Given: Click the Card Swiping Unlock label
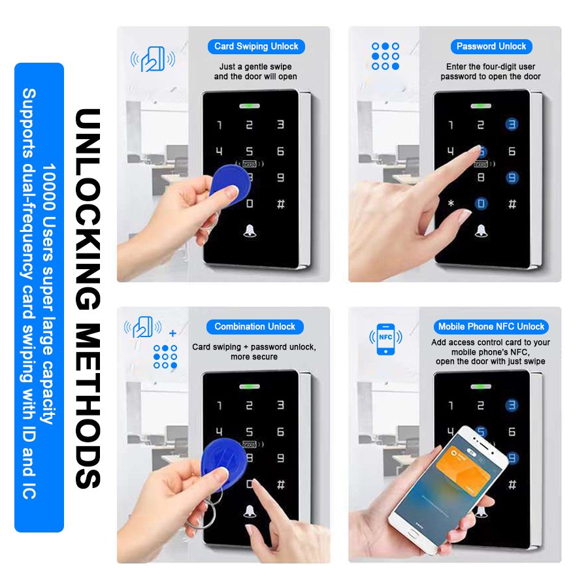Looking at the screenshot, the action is click(x=256, y=46).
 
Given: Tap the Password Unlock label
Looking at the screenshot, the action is click(x=491, y=46).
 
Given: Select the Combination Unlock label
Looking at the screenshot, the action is click(x=255, y=327).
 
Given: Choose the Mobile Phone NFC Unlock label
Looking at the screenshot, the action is click(x=491, y=327).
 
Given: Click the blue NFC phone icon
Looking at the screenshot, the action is click(x=385, y=338).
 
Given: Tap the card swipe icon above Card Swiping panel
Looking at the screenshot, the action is click(x=153, y=59).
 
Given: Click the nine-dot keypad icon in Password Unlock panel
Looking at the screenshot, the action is click(x=385, y=56).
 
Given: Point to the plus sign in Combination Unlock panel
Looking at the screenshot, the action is click(x=172, y=333).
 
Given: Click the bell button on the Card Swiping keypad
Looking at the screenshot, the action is click(x=250, y=231).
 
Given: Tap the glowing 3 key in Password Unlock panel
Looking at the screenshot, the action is click(x=512, y=124).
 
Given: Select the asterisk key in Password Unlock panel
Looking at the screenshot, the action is click(x=451, y=204).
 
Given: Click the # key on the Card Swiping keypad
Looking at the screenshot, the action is click(x=280, y=204).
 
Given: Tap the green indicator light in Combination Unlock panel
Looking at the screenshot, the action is click(x=250, y=386).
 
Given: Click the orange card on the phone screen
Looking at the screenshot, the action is click(x=463, y=468).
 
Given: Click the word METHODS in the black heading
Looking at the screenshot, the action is click(x=88, y=405).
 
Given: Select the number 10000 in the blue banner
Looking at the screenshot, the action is click(x=49, y=187).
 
